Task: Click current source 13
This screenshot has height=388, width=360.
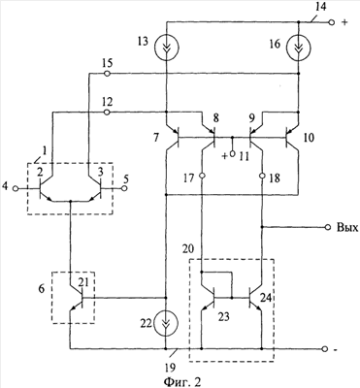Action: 167,48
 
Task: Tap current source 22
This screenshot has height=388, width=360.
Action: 166,323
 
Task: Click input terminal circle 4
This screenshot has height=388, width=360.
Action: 16,188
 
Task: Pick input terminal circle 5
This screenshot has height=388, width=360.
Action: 124,188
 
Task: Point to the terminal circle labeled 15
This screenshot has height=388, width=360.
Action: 108,74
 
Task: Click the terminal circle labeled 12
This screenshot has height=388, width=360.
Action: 108,113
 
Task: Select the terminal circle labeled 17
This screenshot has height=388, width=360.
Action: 202,177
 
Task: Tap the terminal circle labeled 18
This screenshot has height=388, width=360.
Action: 262,177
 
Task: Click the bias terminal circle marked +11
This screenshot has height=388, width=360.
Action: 232,154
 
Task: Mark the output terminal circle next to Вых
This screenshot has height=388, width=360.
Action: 328,228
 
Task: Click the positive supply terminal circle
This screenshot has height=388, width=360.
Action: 331,22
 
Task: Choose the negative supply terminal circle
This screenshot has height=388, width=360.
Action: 325,349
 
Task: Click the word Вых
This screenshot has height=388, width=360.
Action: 347,228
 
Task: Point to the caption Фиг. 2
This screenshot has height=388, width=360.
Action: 182,381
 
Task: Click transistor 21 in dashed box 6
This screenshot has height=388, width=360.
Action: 77,298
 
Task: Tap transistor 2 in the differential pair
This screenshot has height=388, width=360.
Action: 47,188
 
